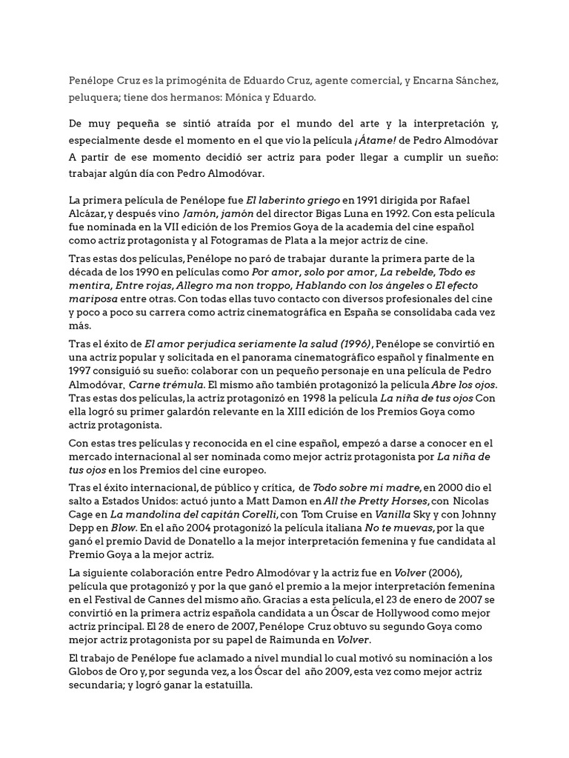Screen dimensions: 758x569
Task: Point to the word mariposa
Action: pyautogui.click(x=96, y=298)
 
